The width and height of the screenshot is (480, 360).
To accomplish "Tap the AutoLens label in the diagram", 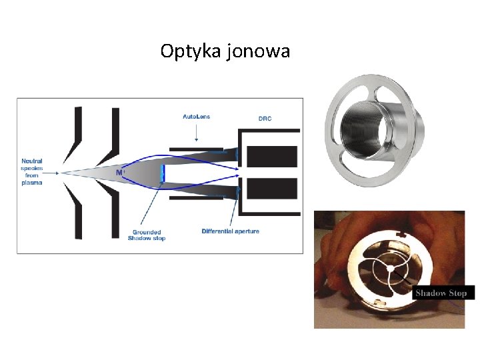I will click(196, 117).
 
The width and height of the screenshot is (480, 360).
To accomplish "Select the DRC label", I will click(265, 119).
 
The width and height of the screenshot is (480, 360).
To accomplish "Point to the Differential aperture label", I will click(230, 231).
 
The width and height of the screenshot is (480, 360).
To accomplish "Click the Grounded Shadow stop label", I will click(149, 235).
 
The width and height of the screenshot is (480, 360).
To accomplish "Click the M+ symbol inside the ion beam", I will click(120, 173).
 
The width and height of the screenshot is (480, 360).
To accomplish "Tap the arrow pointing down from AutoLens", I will click(196, 133).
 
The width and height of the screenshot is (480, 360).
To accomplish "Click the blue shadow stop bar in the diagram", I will click(161, 173).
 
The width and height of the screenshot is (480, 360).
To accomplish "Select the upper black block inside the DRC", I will click(272, 156).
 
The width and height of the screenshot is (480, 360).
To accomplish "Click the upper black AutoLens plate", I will click(196, 148).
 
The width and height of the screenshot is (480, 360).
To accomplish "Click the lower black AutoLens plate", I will click(196, 198).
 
